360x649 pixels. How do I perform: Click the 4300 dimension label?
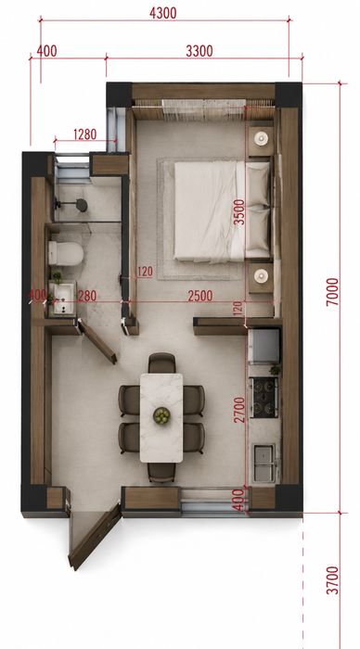click(162, 13)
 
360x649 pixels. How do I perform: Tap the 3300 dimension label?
click(199, 51)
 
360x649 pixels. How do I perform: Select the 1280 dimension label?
click(85, 134)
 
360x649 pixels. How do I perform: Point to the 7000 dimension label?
click(332, 292)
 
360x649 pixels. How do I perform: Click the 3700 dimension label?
click(332, 580)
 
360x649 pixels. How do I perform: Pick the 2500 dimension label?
click(200, 296)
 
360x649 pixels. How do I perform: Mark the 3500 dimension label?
click(239, 212)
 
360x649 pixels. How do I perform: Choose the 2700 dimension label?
click(239, 410)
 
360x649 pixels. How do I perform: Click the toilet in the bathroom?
click(66, 253)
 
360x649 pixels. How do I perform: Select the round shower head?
click(82, 205)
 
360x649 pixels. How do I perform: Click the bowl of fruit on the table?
click(161, 415)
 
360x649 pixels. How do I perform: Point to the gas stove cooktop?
click(264, 398)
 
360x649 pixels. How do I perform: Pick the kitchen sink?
click(264, 464)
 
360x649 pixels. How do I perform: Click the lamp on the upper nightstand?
click(262, 138)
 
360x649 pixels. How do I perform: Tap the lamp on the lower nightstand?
click(262, 275)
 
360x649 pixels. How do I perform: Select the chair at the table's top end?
click(162, 363)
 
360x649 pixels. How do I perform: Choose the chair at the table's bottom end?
click(161, 473)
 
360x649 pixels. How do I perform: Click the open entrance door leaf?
click(95, 537)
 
